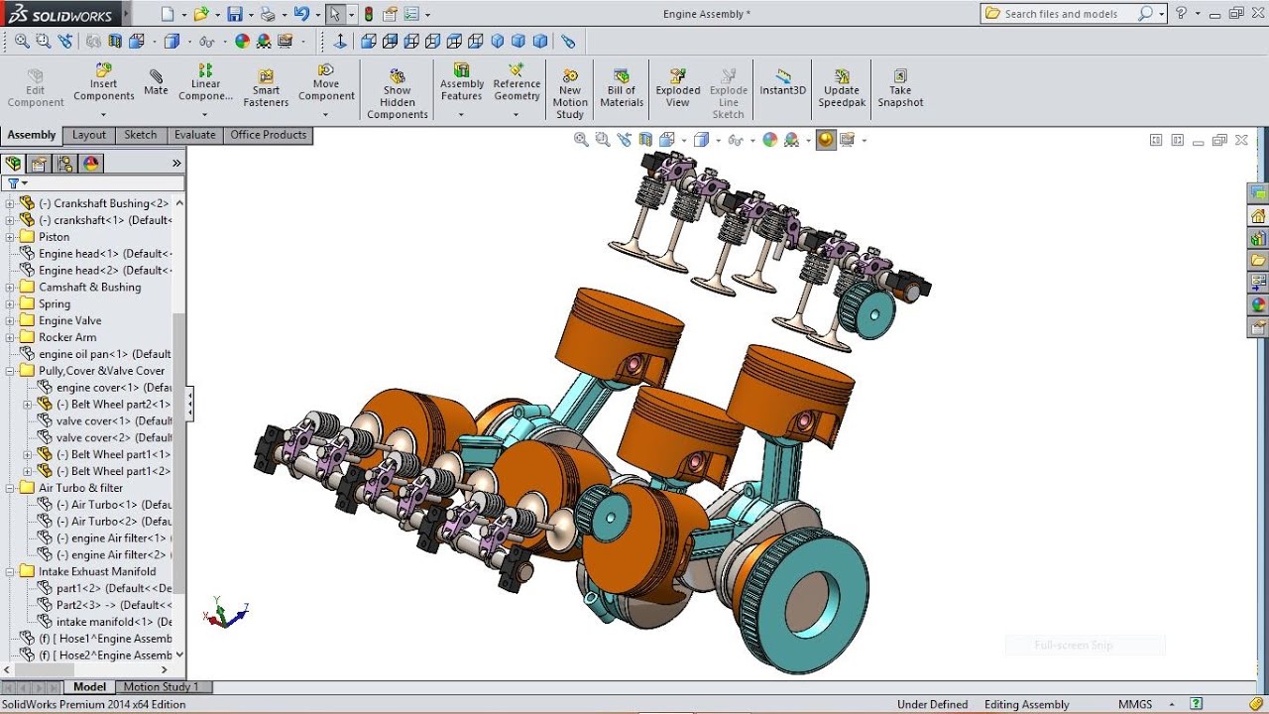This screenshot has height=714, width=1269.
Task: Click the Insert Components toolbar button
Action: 104,83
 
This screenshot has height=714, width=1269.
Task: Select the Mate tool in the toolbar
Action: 156,82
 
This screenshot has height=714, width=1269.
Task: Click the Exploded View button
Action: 678,88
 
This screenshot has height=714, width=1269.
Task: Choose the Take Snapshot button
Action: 900,88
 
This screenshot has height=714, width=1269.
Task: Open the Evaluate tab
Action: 194,135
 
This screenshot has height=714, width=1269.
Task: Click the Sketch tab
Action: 140,135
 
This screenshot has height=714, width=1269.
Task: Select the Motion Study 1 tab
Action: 161,686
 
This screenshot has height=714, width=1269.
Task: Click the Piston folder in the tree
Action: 54,237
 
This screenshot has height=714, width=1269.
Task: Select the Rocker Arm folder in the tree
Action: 67,337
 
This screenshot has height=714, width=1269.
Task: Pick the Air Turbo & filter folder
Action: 80,488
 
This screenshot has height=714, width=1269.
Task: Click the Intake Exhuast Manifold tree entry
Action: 96,571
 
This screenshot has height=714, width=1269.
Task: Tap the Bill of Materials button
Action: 622,88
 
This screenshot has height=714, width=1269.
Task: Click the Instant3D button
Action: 783,82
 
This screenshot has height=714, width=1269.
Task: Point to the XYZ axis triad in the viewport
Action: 226,616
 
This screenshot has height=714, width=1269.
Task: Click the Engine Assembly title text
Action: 706,14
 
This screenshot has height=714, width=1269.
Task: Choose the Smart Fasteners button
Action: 266,88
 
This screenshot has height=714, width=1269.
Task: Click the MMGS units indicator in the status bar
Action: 1135,704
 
